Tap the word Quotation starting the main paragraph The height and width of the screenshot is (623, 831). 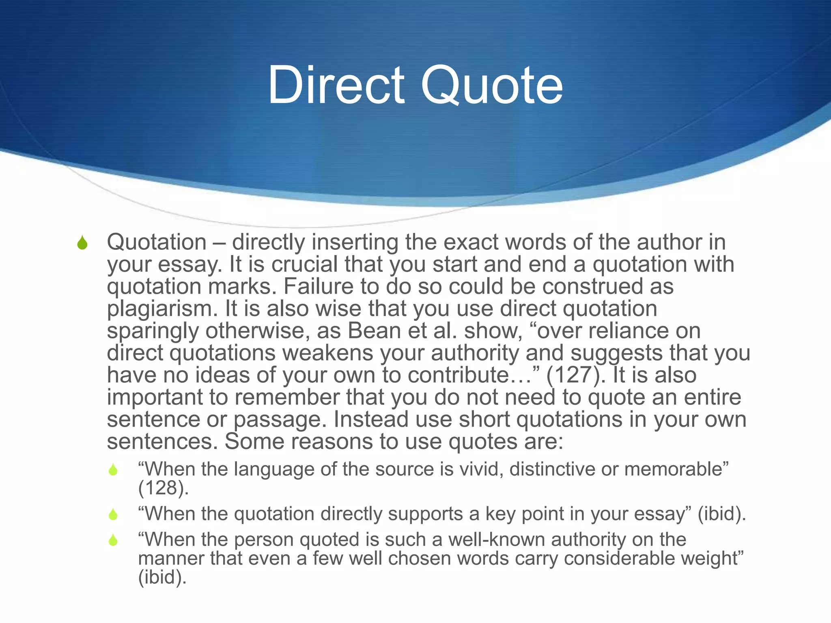(157, 242)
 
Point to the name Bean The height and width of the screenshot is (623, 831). (374, 331)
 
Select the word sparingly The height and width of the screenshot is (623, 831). (153, 331)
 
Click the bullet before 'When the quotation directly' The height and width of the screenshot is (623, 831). (113, 515)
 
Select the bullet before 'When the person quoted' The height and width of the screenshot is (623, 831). (113, 540)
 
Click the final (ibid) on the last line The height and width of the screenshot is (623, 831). (162, 577)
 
